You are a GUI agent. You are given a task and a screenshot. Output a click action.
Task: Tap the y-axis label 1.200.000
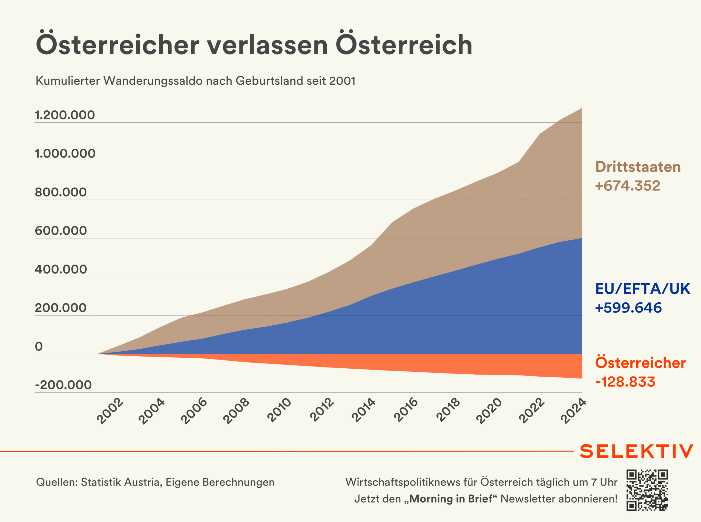coord(65,115)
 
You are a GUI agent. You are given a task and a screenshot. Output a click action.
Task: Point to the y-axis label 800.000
coord(61,192)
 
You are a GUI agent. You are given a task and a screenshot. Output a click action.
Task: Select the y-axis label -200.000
coord(63,385)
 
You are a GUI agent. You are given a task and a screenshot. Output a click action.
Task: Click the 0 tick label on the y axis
coord(39,346)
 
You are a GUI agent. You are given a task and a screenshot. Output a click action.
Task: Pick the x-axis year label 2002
coord(110,411)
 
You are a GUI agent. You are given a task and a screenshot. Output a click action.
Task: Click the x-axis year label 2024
coord(574,411)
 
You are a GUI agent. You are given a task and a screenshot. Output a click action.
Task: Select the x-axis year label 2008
coord(236,411)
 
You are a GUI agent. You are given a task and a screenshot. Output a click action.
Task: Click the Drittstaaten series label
coord(638,167)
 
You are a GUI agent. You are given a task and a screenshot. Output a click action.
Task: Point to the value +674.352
coord(627,185)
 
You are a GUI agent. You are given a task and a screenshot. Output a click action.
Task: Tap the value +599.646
coord(628,308)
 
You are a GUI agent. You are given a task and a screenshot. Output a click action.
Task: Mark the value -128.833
coord(625,382)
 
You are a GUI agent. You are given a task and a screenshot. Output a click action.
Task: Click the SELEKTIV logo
coord(636,451)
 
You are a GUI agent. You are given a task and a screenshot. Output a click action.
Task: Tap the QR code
coord(647,490)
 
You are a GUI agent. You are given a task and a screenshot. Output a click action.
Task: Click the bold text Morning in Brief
coord(451,499)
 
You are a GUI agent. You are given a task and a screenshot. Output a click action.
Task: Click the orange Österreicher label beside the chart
coord(640,363)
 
